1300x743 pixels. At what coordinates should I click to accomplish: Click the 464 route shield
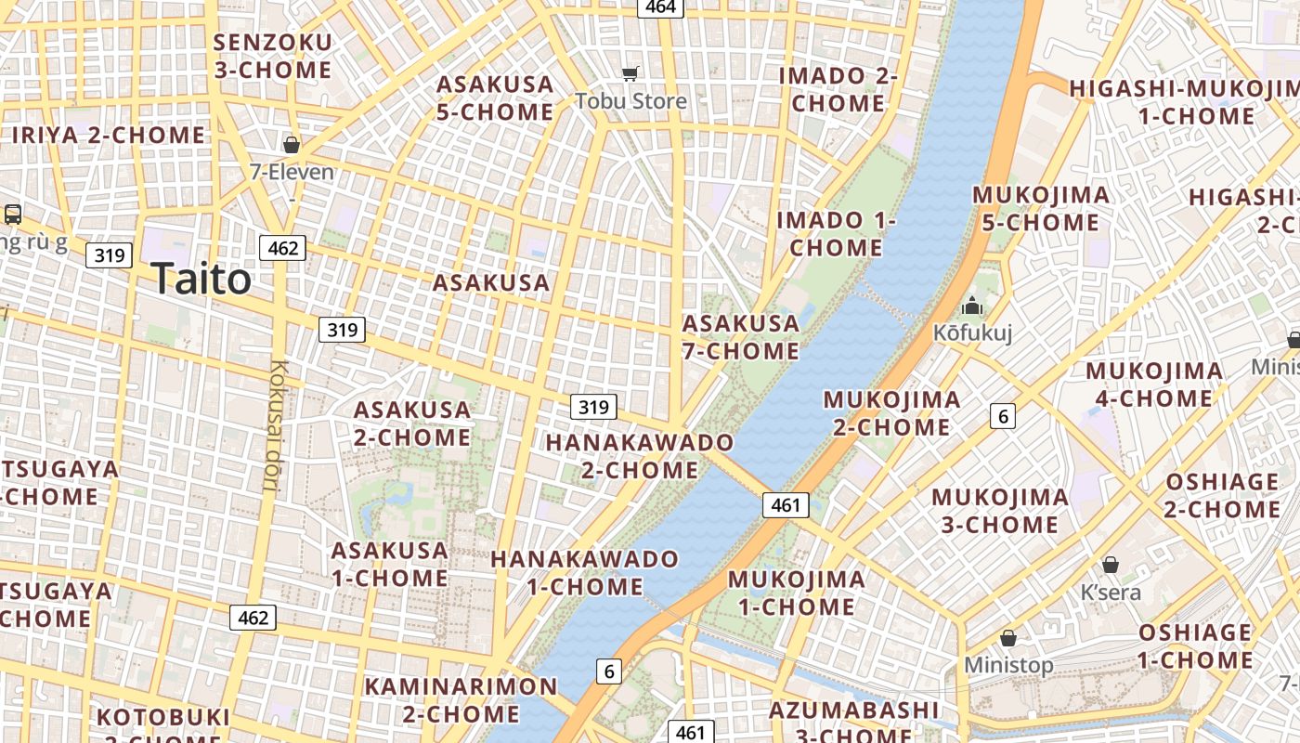(660, 7)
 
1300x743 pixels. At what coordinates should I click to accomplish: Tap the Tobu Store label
(631, 100)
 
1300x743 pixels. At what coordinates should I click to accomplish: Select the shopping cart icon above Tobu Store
(630, 73)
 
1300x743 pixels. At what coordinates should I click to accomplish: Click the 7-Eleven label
(292, 172)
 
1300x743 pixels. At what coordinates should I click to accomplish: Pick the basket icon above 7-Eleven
(292, 145)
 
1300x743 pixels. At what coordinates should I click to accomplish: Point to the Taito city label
(201, 279)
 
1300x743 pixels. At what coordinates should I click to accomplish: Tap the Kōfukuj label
(972, 332)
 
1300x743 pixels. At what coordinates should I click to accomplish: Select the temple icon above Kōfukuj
(972, 306)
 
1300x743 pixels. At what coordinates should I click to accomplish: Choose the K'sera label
(1111, 592)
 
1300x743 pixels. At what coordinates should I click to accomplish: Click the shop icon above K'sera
(1110, 565)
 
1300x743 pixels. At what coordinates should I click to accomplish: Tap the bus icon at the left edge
(13, 215)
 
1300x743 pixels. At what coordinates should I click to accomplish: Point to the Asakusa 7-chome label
(741, 337)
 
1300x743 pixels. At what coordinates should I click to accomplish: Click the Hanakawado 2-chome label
(640, 456)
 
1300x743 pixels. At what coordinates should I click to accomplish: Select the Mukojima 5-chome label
(1041, 209)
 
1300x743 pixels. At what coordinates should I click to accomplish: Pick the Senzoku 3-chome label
(272, 56)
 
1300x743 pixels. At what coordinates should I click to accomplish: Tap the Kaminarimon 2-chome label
(461, 700)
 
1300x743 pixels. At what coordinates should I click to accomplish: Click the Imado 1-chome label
(836, 234)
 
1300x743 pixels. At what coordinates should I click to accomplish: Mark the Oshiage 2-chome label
(1222, 495)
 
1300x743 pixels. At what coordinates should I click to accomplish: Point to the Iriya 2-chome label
(109, 135)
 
